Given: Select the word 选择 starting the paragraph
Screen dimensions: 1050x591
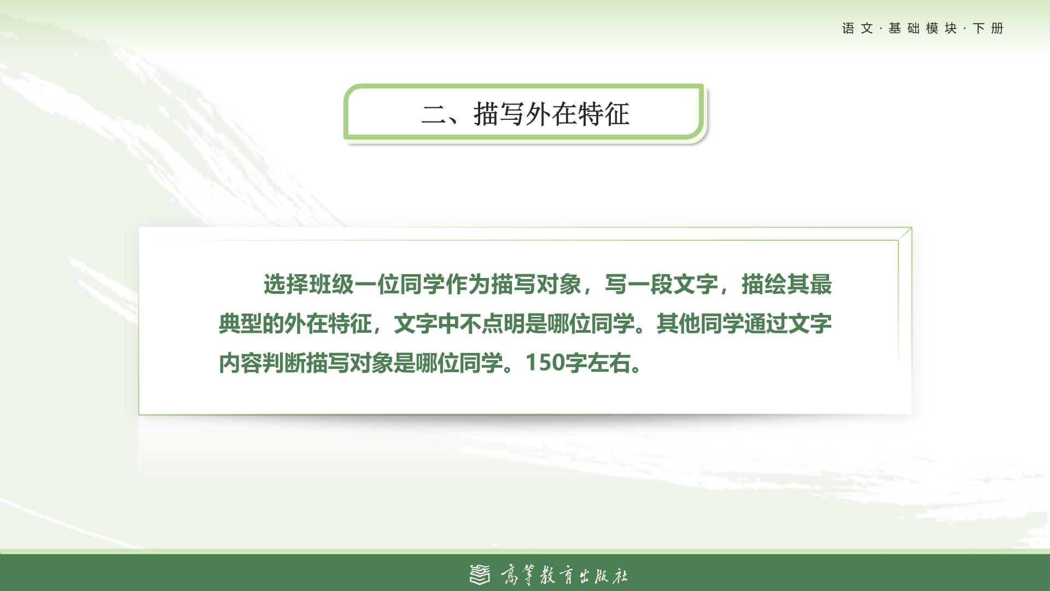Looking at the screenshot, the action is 286,285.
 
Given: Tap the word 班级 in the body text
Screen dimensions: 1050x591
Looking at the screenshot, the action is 331,285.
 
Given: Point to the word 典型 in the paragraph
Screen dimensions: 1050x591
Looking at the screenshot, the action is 241,324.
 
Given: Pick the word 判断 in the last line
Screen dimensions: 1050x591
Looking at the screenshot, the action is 284,363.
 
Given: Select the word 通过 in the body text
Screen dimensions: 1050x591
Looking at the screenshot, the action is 766,324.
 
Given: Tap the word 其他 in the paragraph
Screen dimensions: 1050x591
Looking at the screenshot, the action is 678,324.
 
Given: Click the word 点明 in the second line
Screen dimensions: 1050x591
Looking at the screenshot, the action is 503,324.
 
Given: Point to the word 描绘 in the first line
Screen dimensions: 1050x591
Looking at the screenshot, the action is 764,285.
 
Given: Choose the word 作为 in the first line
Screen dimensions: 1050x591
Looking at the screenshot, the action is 468,285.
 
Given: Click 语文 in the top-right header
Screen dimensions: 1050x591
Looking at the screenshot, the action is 857,28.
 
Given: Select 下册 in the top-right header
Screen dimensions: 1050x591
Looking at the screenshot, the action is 988,28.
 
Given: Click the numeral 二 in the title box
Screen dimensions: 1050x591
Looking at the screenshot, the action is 434,114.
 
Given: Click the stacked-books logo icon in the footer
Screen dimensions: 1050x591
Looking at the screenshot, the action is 480,575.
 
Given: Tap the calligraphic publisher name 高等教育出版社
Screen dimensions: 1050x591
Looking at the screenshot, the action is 564,575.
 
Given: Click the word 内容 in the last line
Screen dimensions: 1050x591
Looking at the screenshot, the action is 241,363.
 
